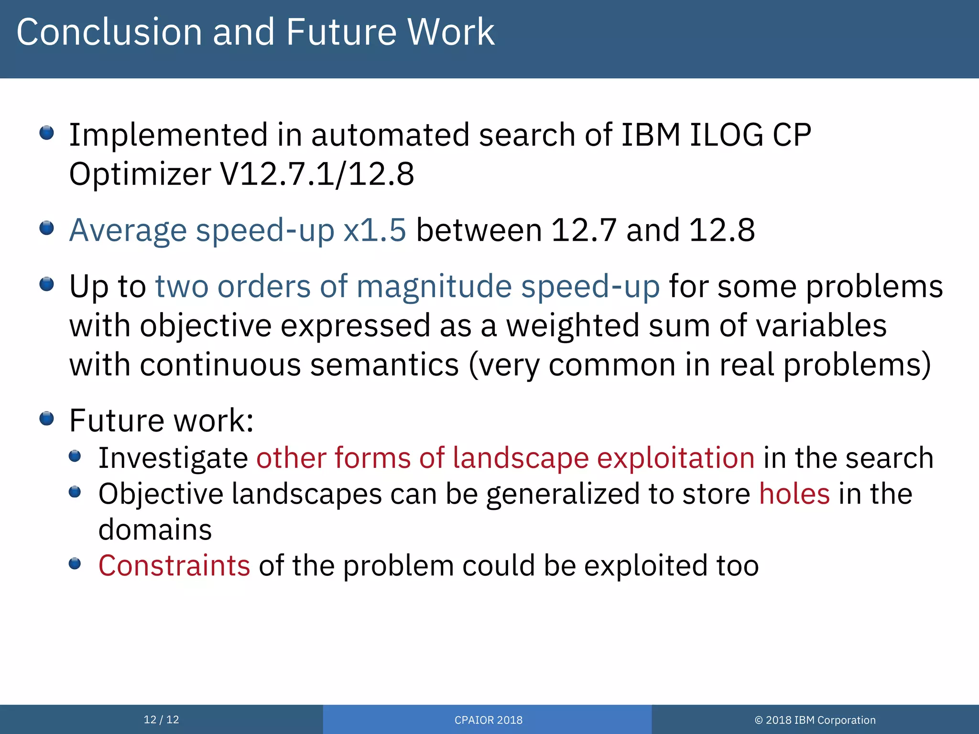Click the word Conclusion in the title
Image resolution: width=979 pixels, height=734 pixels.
109,32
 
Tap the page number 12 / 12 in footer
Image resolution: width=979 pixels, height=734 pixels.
161,720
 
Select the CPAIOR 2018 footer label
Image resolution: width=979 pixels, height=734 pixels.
488,720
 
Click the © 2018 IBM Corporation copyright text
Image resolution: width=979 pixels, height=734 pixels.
815,720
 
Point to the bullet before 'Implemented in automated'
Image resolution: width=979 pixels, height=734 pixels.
46,133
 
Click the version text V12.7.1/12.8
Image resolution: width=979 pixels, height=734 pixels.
316,174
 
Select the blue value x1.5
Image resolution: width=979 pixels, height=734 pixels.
374,230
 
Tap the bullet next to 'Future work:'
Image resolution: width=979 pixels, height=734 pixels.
46,419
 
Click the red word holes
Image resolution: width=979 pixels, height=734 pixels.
794,494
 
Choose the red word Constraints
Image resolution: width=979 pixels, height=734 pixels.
174,566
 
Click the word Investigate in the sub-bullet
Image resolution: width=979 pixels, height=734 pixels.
173,458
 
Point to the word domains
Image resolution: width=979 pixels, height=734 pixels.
155,529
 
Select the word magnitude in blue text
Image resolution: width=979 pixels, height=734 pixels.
434,287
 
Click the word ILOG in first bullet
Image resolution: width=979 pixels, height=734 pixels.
726,135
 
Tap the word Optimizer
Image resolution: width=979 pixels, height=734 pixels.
140,174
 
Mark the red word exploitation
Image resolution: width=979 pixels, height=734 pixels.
675,458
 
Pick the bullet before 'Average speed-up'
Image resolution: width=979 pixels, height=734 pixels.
46,228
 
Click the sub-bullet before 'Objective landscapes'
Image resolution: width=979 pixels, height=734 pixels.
75,492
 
